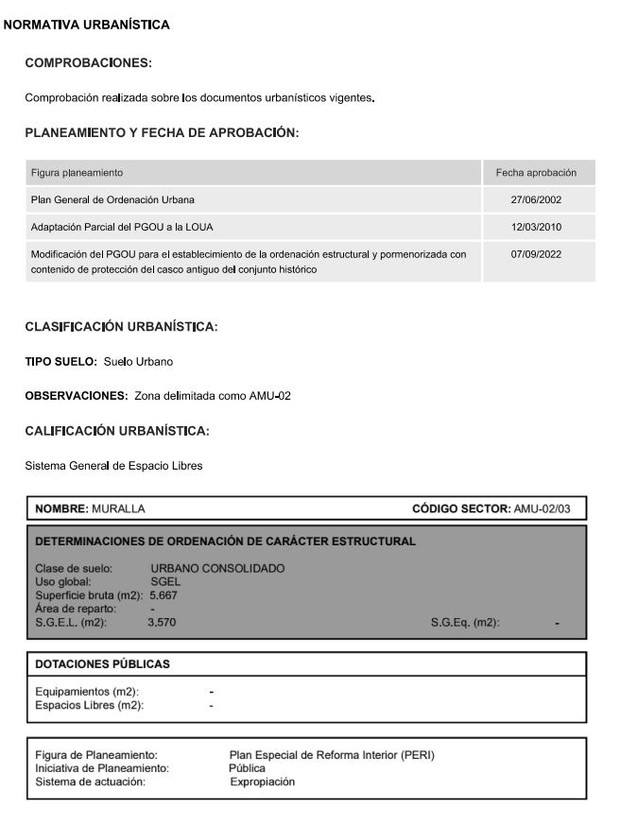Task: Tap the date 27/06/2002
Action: coord(537,200)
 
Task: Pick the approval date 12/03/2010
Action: coord(537,228)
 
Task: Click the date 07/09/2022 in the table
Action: coord(537,254)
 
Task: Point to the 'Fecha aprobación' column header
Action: coord(537,173)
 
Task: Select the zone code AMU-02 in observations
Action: coord(270,395)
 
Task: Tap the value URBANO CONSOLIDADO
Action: coord(217,568)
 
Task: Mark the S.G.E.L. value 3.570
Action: coord(162,622)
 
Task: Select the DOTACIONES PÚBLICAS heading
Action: coord(102,664)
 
